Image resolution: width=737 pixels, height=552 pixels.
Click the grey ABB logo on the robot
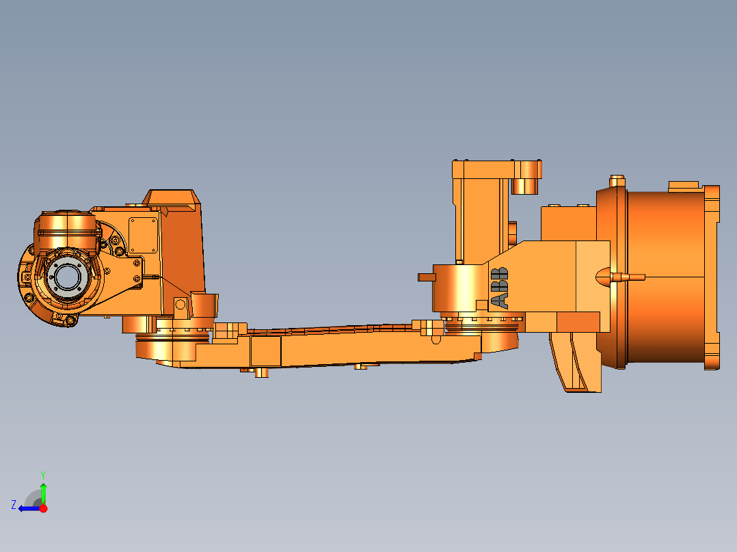(x=500, y=288)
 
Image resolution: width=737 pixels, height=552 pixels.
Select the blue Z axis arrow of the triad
(x=27, y=508)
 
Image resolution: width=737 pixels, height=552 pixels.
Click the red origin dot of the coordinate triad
(x=43, y=508)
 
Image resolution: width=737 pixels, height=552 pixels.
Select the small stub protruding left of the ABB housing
(x=426, y=277)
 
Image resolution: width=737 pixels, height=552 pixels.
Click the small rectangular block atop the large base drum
(x=683, y=185)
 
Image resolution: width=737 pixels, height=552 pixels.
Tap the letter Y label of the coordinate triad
(x=42, y=474)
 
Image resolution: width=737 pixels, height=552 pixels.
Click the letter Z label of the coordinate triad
(x=14, y=505)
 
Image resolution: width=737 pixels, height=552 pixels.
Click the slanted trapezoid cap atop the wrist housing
(x=171, y=197)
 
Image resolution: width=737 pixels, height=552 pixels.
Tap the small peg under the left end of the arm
(x=260, y=373)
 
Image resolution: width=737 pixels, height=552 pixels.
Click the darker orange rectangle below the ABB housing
(x=578, y=322)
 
